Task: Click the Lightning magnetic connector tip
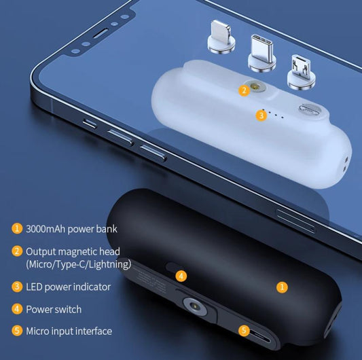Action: pos(221,37)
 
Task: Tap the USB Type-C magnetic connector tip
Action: pos(261,54)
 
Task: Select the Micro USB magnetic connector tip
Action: pos(302,73)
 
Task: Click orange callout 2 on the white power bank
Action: pos(244,90)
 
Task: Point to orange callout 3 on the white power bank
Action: pos(261,115)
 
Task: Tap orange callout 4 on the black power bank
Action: pos(181,276)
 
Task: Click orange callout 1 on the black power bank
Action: pos(282,287)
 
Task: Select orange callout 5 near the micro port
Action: pos(244,330)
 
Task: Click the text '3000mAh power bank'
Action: pos(71,229)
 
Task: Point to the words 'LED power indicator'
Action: pos(69,287)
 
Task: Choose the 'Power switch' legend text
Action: pos(54,310)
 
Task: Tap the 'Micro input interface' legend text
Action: pos(69,331)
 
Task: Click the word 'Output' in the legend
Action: pos(41,252)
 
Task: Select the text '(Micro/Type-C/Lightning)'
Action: pos(79,264)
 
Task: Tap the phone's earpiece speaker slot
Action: pos(101,33)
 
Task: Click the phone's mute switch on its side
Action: pos(90,124)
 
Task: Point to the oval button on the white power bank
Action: pos(309,109)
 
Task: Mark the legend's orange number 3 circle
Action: pos(17,287)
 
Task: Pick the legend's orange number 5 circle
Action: pos(17,331)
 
